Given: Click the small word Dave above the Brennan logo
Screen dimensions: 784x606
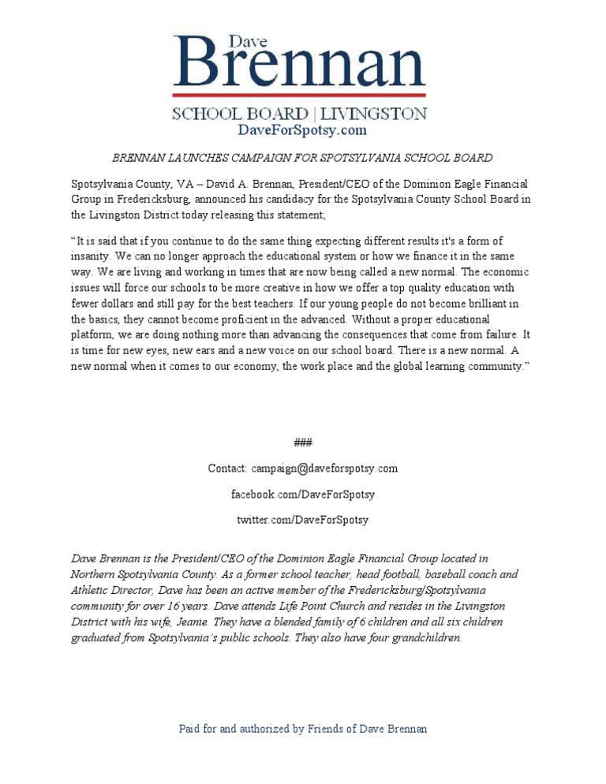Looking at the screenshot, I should [243, 40].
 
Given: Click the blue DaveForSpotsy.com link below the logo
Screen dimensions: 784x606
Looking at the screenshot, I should [302, 130].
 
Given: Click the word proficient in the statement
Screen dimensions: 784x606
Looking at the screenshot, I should [238, 319].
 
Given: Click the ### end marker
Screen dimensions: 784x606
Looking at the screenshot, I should [302, 442].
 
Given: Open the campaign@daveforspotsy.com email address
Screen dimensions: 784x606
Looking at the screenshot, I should [324, 469].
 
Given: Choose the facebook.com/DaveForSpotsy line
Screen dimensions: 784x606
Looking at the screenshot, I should [302, 495].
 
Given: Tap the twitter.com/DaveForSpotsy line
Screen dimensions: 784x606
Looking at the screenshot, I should [302, 521].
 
